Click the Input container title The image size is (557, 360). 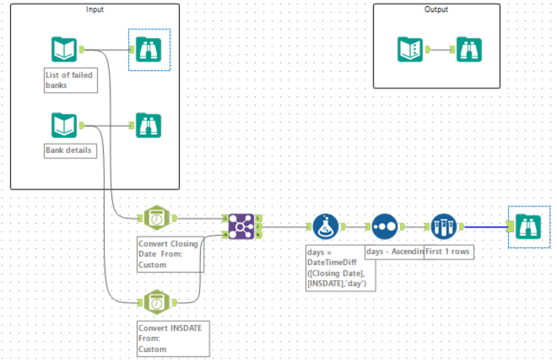pos(95,9)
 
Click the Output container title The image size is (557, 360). pos(436,9)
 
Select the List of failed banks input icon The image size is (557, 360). pos(64,50)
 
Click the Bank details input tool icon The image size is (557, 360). pos(64,125)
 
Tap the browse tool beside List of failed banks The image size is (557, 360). pos(149,50)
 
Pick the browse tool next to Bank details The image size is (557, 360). pos(149,125)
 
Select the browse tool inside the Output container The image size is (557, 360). pos(469,49)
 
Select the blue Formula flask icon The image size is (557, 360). pos(326,227)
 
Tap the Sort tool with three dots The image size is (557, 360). pos(385,227)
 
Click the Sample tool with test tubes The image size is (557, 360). pos(444,227)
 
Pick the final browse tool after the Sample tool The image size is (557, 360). pos(529,227)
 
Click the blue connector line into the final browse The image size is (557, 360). pos(485,227)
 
